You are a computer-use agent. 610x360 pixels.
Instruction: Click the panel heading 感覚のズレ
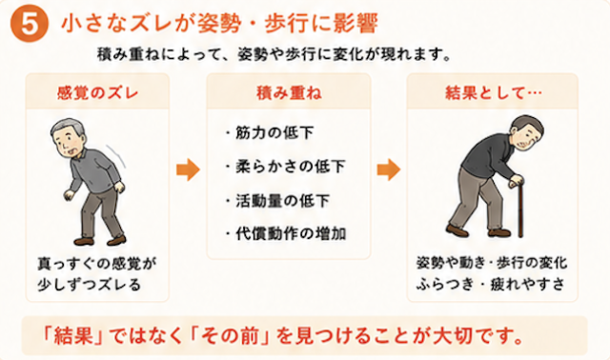97,93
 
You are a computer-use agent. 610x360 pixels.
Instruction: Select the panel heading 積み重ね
289,93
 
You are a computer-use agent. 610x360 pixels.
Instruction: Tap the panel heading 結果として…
494,93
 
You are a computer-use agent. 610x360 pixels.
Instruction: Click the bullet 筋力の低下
270,133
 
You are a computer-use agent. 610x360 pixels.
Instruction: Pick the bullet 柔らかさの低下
286,167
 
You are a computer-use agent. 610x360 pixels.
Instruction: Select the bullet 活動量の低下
277,201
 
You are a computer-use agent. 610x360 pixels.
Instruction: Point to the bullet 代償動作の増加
286,233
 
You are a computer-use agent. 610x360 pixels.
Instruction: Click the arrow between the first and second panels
189,170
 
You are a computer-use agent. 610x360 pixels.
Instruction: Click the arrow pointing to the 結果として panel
389,170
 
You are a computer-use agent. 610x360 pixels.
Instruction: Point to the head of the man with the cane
526,133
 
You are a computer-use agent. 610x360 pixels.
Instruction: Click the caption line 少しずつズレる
89,285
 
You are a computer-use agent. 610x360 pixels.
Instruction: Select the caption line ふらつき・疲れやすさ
491,284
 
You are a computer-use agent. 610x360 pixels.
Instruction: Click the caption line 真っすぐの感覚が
97,264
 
